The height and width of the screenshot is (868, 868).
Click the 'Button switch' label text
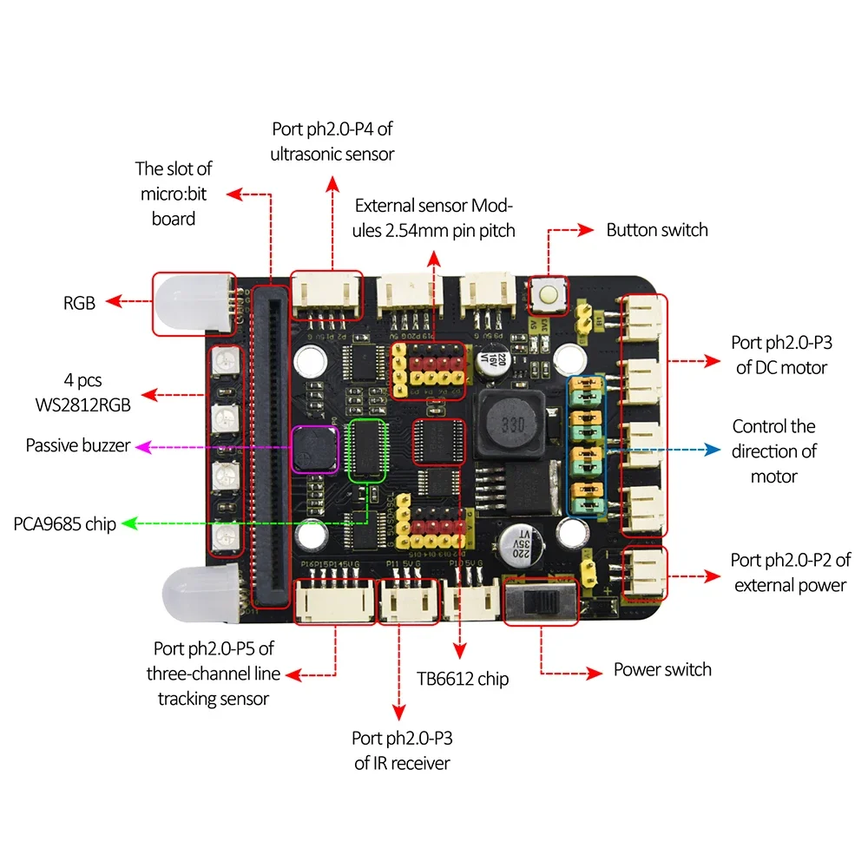pos(656,230)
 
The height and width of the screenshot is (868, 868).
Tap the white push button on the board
pos(549,295)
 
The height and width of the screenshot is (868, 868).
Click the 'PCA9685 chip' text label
pos(65,524)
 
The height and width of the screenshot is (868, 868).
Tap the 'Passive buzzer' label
pos(78,445)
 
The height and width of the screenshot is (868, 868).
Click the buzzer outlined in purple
pos(314,448)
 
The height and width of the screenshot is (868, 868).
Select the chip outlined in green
pos(366,450)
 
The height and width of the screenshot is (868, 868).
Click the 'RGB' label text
pos(78,303)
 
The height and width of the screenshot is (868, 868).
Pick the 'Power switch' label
pos(662,669)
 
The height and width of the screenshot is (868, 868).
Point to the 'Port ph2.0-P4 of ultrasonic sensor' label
pos(332,141)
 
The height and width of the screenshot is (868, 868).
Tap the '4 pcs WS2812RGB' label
pos(89,393)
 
